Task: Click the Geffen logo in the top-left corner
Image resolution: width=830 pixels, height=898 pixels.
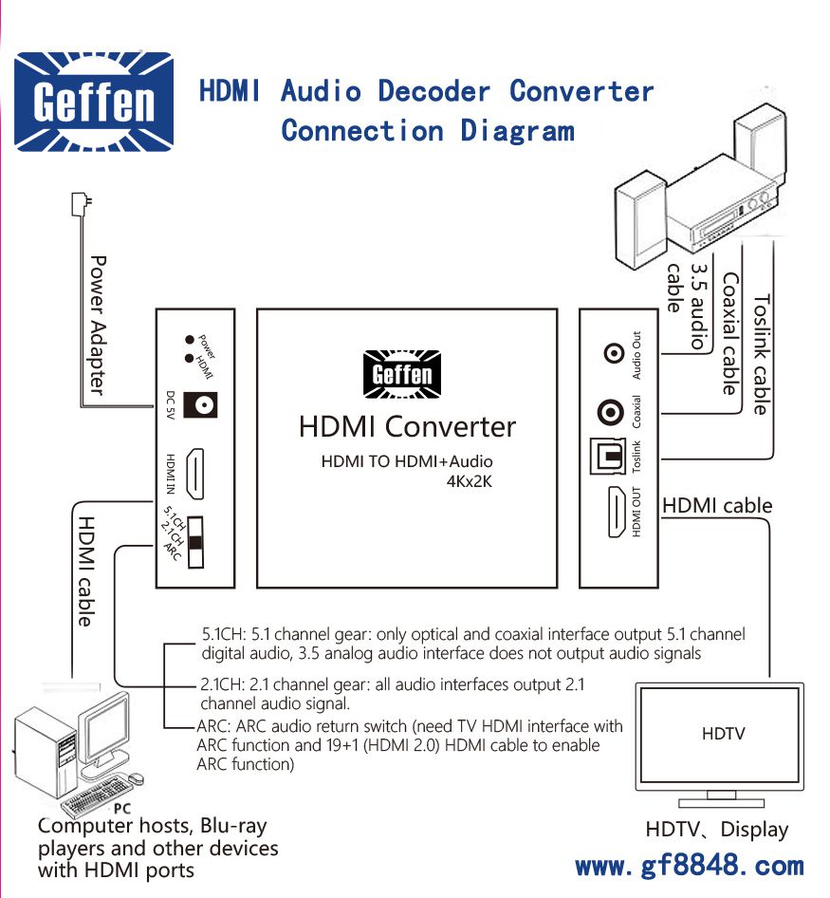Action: [93, 101]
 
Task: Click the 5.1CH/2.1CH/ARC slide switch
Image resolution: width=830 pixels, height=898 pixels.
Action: [196, 542]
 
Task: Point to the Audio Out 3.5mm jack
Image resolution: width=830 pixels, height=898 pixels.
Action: [615, 354]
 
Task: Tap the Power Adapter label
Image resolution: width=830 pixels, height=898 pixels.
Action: [97, 324]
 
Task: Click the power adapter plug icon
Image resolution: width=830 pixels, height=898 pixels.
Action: [81, 204]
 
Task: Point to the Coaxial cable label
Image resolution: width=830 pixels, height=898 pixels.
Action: [729, 333]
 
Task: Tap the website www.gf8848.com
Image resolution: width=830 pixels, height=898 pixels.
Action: [689, 866]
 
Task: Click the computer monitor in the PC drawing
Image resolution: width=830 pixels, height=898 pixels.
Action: [104, 727]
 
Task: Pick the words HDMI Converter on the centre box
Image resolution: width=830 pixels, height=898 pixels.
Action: [407, 426]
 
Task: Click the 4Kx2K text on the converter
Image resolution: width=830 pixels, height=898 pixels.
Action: [470, 480]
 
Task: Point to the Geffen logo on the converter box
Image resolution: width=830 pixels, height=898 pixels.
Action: [403, 374]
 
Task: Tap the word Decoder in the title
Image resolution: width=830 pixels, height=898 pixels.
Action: [433, 91]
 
